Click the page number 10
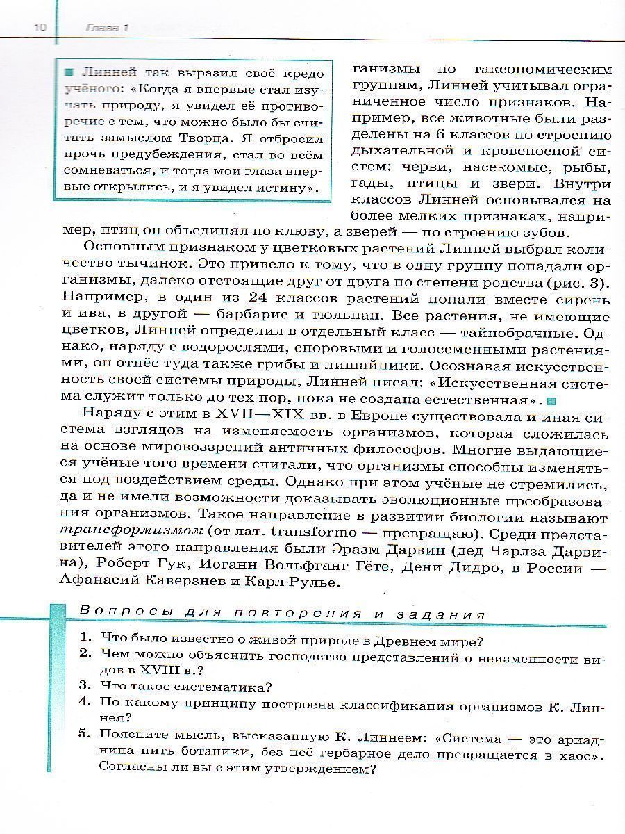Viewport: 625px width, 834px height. pos(40,27)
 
